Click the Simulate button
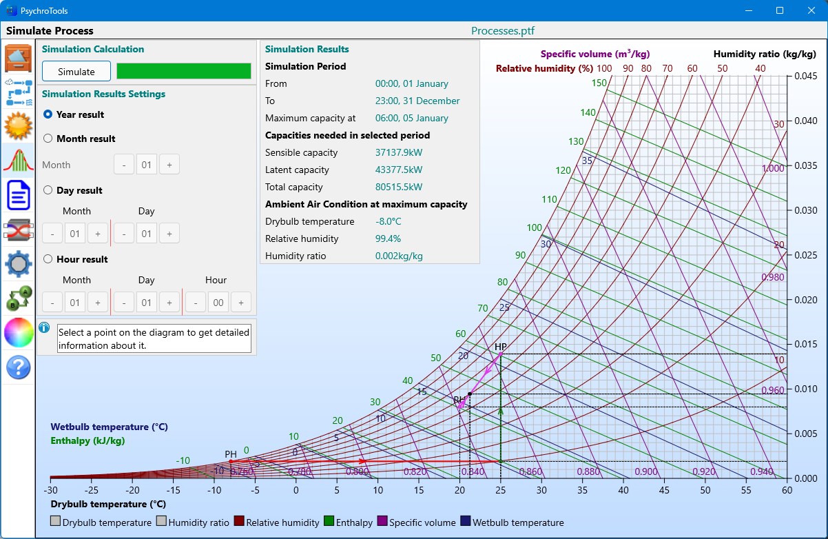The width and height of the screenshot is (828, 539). click(x=76, y=72)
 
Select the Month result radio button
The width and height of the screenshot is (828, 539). click(x=48, y=139)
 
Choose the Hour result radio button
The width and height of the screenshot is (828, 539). click(x=48, y=259)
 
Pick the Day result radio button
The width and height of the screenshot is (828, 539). click(x=48, y=190)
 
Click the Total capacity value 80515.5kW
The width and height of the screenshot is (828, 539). click(x=399, y=187)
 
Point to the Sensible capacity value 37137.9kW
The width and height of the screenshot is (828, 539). click(x=399, y=152)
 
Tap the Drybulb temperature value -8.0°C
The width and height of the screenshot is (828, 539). click(x=389, y=221)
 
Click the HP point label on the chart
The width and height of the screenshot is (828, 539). click(x=501, y=346)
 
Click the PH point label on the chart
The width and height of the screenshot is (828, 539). click(x=231, y=454)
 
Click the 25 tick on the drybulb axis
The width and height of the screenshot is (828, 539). click(x=501, y=490)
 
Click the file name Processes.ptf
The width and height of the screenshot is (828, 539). click(x=503, y=31)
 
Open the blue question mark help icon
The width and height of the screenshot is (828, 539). click(x=19, y=367)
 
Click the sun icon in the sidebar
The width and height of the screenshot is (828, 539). click(x=19, y=126)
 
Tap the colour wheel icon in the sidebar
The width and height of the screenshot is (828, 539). click(x=19, y=333)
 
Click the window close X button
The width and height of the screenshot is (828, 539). click(x=810, y=10)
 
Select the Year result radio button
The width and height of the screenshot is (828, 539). click(x=48, y=114)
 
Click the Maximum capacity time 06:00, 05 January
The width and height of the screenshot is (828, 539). click(x=412, y=118)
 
